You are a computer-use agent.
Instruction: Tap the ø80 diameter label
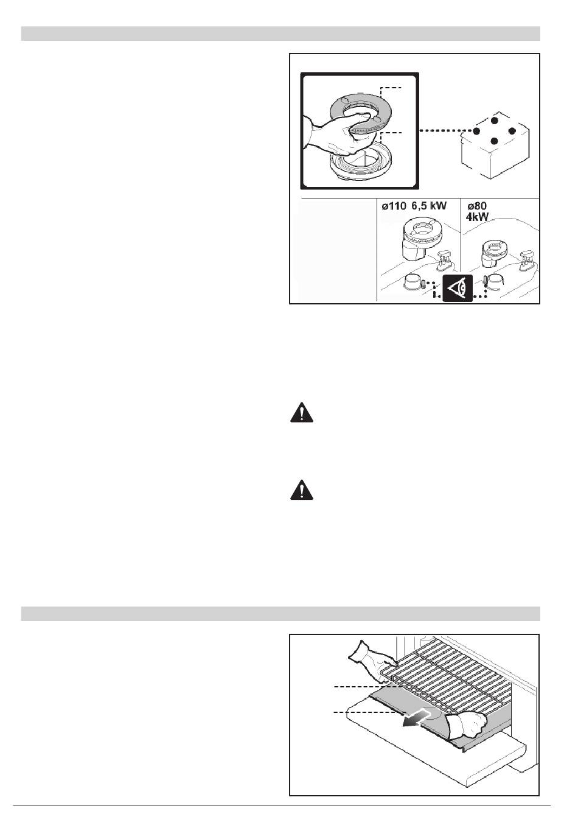coord(477,206)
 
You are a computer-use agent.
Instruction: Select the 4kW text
coord(477,217)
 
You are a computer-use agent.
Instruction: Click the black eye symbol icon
coord(458,289)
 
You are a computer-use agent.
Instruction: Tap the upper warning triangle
coord(302,412)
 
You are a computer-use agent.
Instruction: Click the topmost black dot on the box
coord(495,121)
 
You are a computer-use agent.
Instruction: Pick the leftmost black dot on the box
coord(476,131)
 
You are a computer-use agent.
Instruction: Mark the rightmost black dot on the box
coord(512,131)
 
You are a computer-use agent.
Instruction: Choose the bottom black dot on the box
coord(495,141)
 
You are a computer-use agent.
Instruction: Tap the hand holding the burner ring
coord(335,135)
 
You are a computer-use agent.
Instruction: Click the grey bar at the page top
coord(280,33)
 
